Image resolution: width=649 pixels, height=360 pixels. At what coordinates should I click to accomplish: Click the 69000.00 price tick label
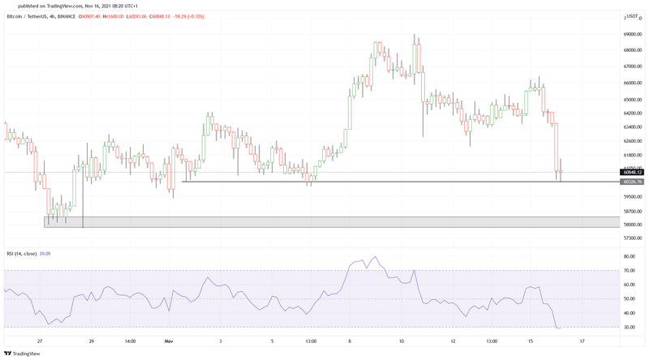coord(634,35)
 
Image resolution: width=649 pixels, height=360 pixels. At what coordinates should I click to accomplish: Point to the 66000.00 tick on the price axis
coord(634,82)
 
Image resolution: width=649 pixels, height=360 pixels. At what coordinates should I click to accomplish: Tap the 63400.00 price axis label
coord(634,126)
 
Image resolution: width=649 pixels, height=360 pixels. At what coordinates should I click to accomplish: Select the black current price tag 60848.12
coord(633,172)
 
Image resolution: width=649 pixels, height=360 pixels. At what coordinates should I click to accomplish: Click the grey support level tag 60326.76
coord(633,182)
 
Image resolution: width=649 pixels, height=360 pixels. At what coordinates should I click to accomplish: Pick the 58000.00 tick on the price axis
coord(634,225)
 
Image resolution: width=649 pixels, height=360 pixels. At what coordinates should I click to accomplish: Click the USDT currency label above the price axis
coord(632,17)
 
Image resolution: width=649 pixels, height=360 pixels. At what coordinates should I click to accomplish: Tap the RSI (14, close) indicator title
coord(25,254)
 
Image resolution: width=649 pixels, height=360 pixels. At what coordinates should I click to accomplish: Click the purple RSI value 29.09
coord(56,254)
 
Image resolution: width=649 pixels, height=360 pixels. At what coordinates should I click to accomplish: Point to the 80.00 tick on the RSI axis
coord(630,257)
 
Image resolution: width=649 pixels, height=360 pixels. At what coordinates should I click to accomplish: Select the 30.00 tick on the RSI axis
coord(630,327)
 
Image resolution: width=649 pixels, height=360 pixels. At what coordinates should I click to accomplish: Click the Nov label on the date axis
coord(169,341)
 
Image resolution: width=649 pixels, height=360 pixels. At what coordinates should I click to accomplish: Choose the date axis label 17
coord(582,341)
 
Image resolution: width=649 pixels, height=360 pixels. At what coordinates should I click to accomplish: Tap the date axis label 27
coord(40,341)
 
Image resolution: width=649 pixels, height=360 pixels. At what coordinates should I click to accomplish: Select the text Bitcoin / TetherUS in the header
coord(28,16)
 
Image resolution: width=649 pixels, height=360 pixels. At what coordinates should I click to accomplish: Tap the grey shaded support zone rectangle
coord(324,221)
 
